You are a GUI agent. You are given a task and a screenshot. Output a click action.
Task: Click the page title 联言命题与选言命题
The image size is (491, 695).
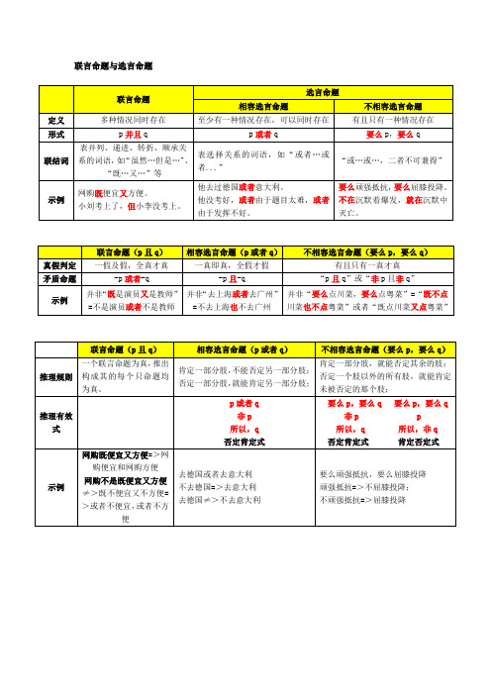[114, 65]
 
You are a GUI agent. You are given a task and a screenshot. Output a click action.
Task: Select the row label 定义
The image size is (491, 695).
[55, 119]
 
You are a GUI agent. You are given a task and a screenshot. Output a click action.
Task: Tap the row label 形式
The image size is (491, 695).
[55, 134]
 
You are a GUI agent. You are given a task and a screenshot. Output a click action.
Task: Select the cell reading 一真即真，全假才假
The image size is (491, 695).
[236, 264]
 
